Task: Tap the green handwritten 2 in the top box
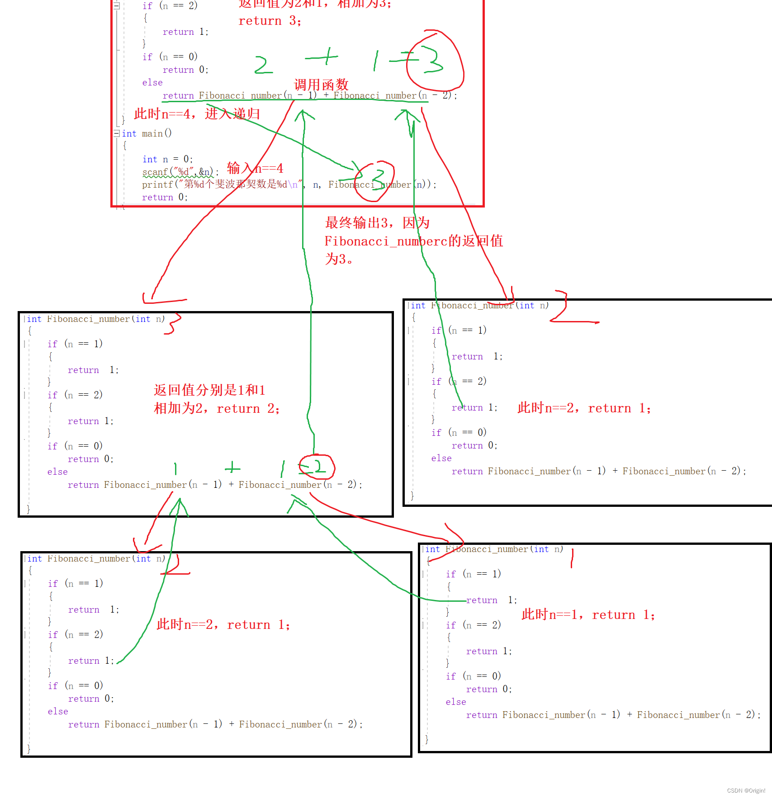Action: (263, 65)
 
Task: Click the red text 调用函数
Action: (321, 85)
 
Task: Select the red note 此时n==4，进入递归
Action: (197, 113)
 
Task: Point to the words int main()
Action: (147, 133)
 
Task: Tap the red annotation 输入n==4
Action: (255, 169)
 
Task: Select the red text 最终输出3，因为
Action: (377, 222)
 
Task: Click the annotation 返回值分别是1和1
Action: (209, 390)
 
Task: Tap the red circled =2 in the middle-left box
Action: (317, 467)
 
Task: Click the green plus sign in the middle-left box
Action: (232, 467)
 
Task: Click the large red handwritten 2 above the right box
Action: (563, 307)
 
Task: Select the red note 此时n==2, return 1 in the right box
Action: (584, 408)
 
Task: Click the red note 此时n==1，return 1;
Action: (588, 615)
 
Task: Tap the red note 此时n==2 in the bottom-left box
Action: (223, 624)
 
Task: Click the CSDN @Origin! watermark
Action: (746, 790)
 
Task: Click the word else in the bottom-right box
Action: (455, 702)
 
